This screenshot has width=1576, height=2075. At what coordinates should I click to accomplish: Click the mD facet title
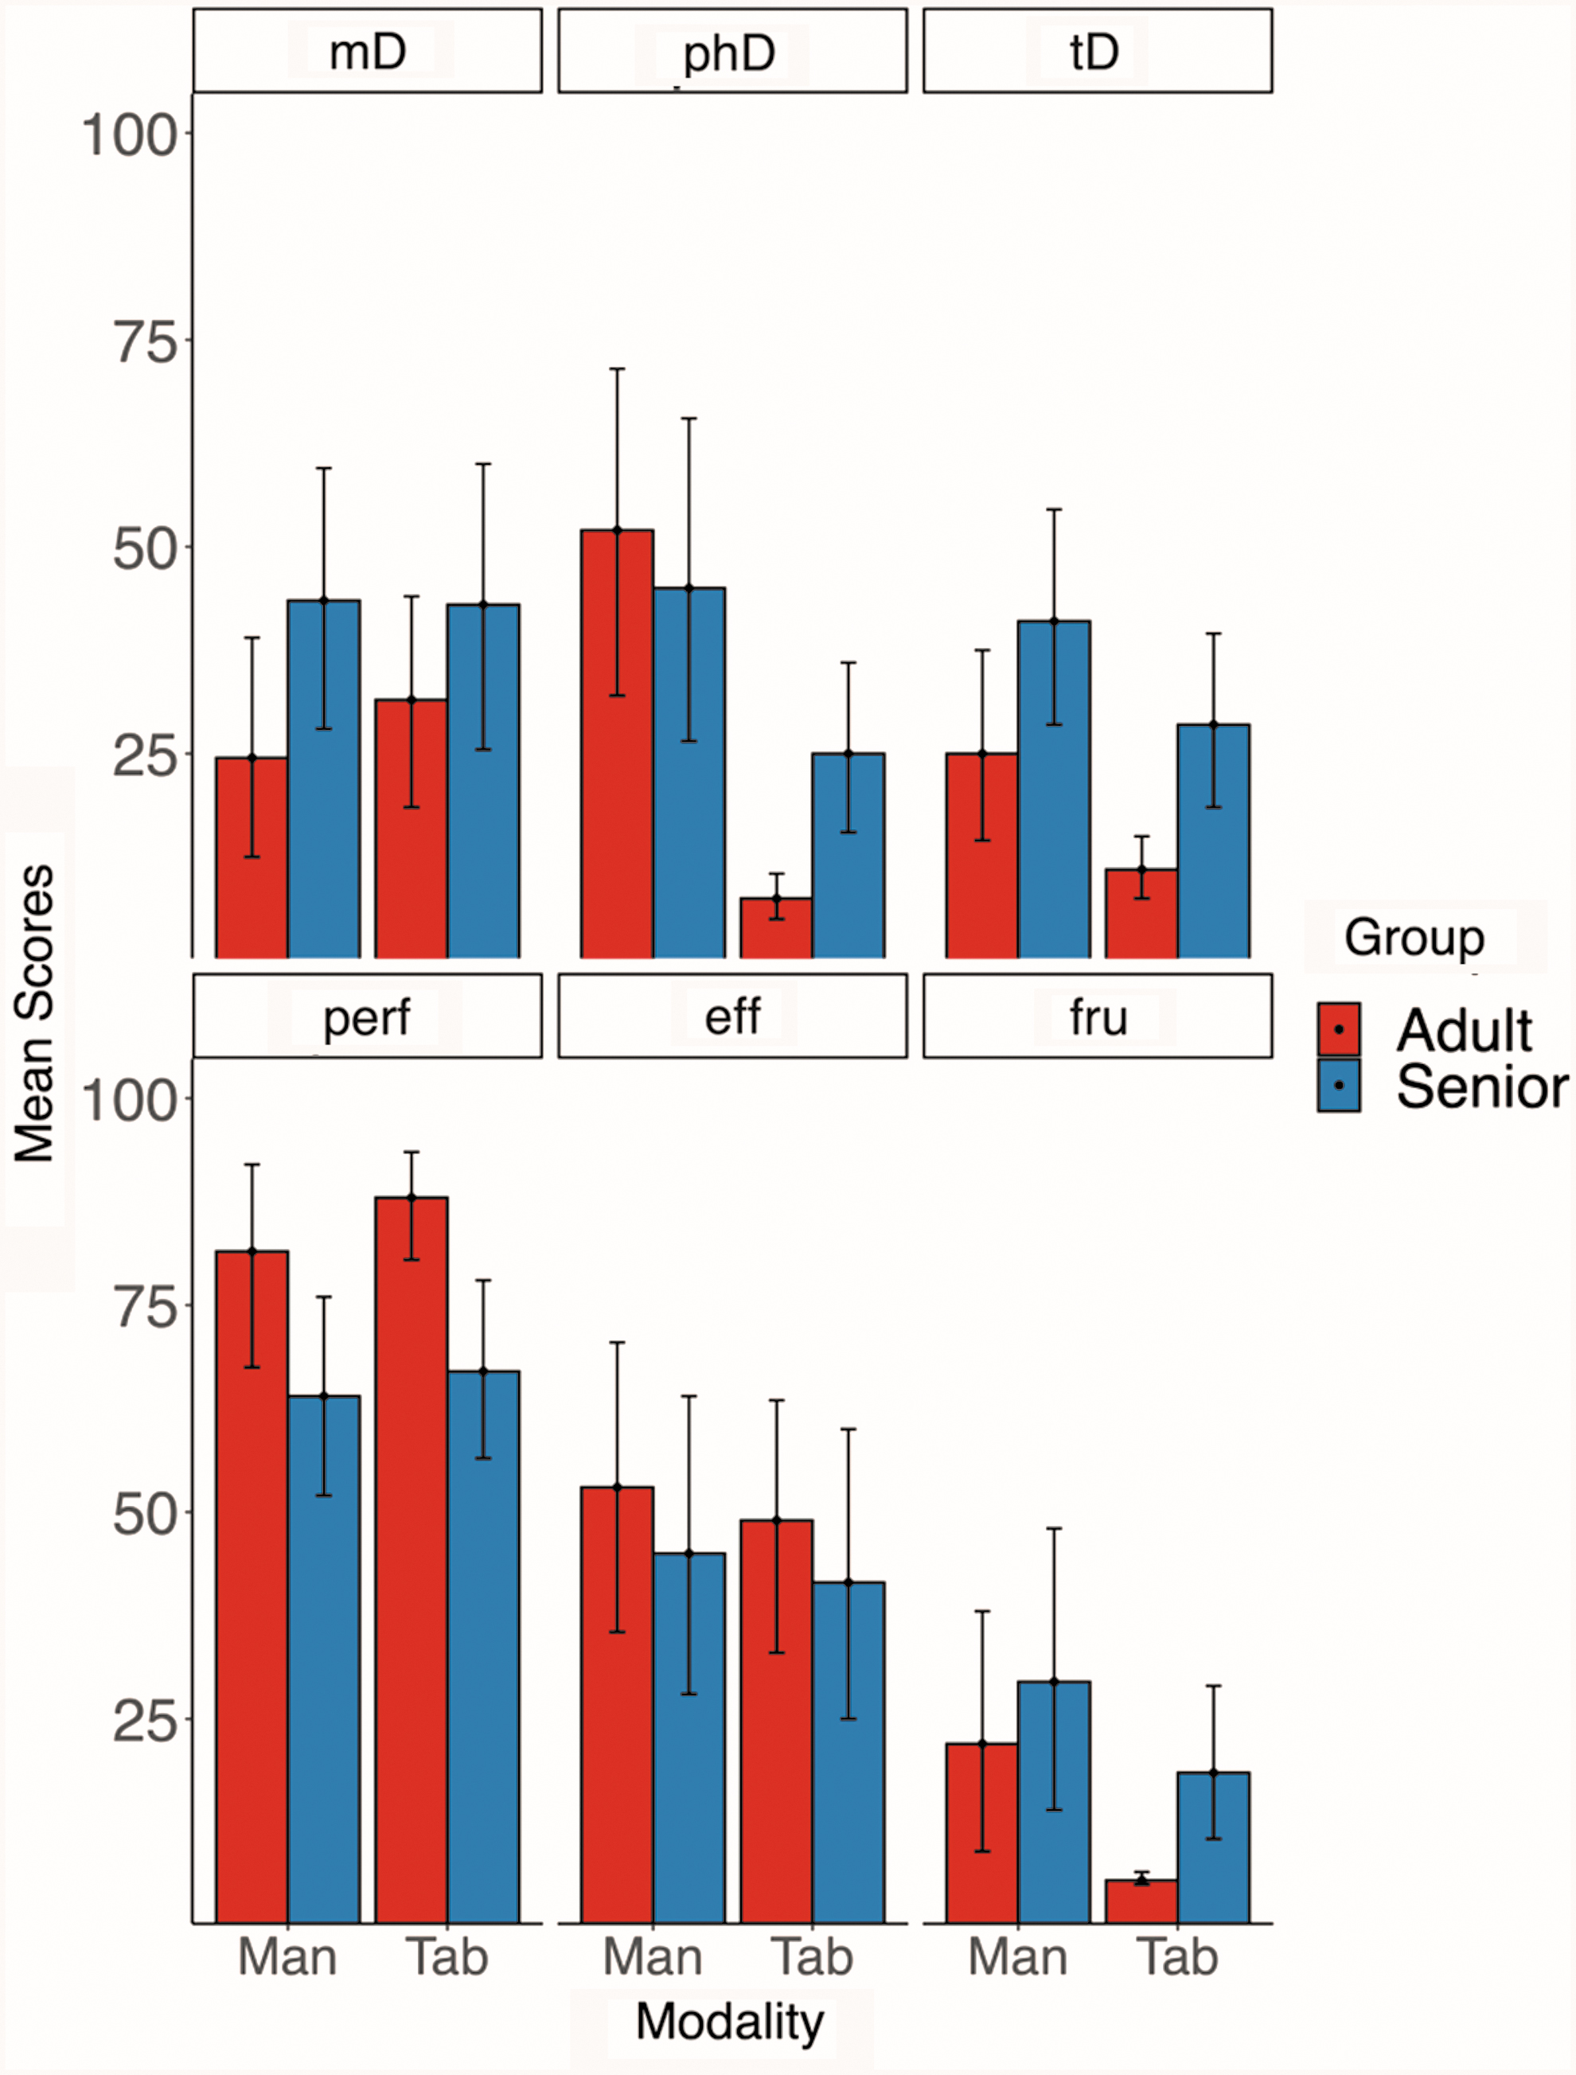(367, 52)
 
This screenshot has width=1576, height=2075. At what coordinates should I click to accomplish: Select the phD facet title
(729, 54)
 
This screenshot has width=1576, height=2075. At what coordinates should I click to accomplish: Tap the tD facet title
(1094, 52)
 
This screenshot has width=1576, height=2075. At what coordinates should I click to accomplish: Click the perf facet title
(367, 1019)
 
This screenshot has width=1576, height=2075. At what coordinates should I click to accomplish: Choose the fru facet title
(1098, 1017)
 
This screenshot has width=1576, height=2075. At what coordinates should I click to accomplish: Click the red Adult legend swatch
(1339, 1029)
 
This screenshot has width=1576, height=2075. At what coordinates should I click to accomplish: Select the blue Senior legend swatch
(1339, 1086)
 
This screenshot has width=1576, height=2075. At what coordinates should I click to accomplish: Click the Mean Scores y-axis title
(35, 1014)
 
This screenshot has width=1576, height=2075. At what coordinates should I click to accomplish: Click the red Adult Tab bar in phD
(776, 928)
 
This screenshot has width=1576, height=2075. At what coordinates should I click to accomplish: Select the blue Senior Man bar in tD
(1054, 789)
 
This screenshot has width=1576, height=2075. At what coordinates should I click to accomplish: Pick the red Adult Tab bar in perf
(411, 1560)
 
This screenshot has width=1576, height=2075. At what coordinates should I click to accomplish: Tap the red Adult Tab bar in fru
(1141, 1901)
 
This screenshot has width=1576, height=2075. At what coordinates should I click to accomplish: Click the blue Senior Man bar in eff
(689, 1738)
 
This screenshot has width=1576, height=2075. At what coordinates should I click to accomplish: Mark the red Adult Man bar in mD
(252, 857)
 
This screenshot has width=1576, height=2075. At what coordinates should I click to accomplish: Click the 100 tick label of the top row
(130, 135)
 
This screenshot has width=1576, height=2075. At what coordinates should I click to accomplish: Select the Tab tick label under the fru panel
(1177, 1959)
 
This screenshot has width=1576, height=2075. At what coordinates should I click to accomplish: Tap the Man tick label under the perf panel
(287, 1959)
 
